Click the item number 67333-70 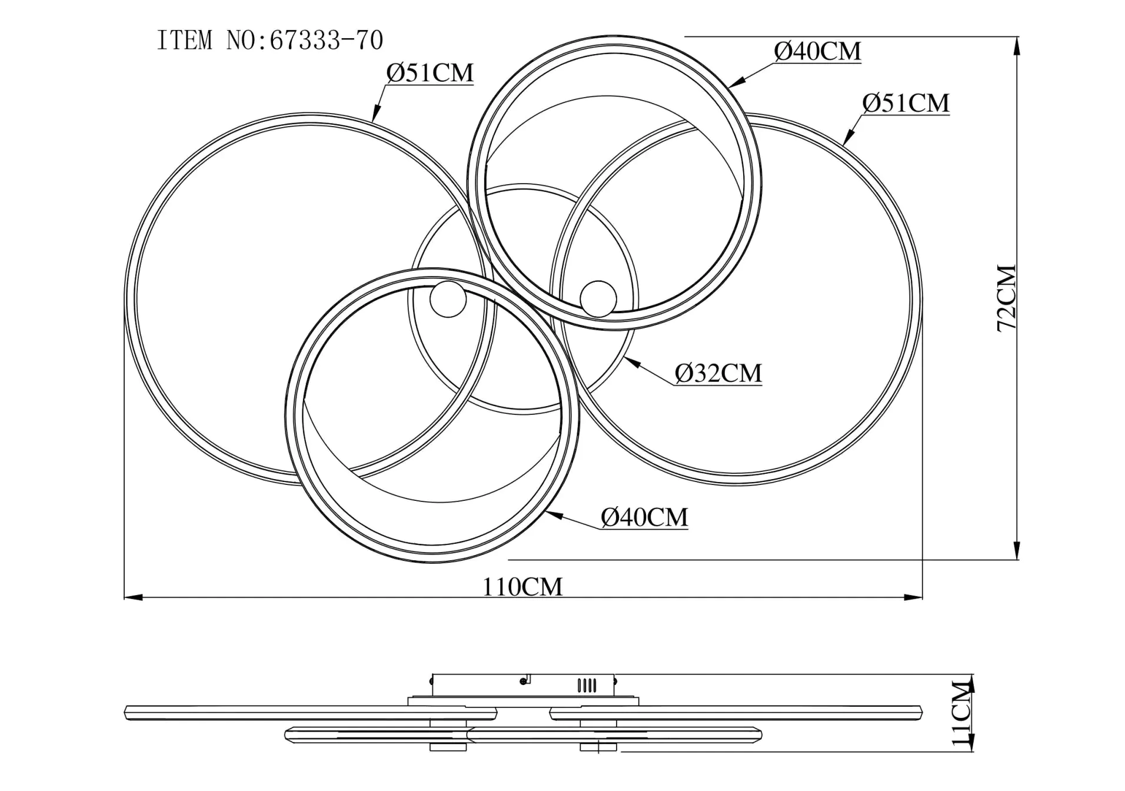pos(326,41)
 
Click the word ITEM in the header pos(184,41)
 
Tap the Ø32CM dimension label pos(718,373)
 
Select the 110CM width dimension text pos(522,586)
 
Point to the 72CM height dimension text pos(1007,298)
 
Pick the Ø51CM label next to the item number pos(430,72)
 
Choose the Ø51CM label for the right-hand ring pos(906,103)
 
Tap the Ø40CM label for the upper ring pos(817,51)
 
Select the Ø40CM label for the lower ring pos(644,517)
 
